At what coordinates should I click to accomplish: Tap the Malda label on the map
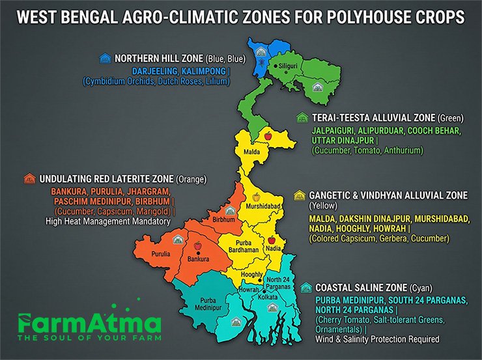click(x=252, y=152)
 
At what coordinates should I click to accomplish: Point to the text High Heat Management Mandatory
click(x=107, y=221)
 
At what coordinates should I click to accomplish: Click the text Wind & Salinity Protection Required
click(x=377, y=339)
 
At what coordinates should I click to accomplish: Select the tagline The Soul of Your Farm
click(x=89, y=339)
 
